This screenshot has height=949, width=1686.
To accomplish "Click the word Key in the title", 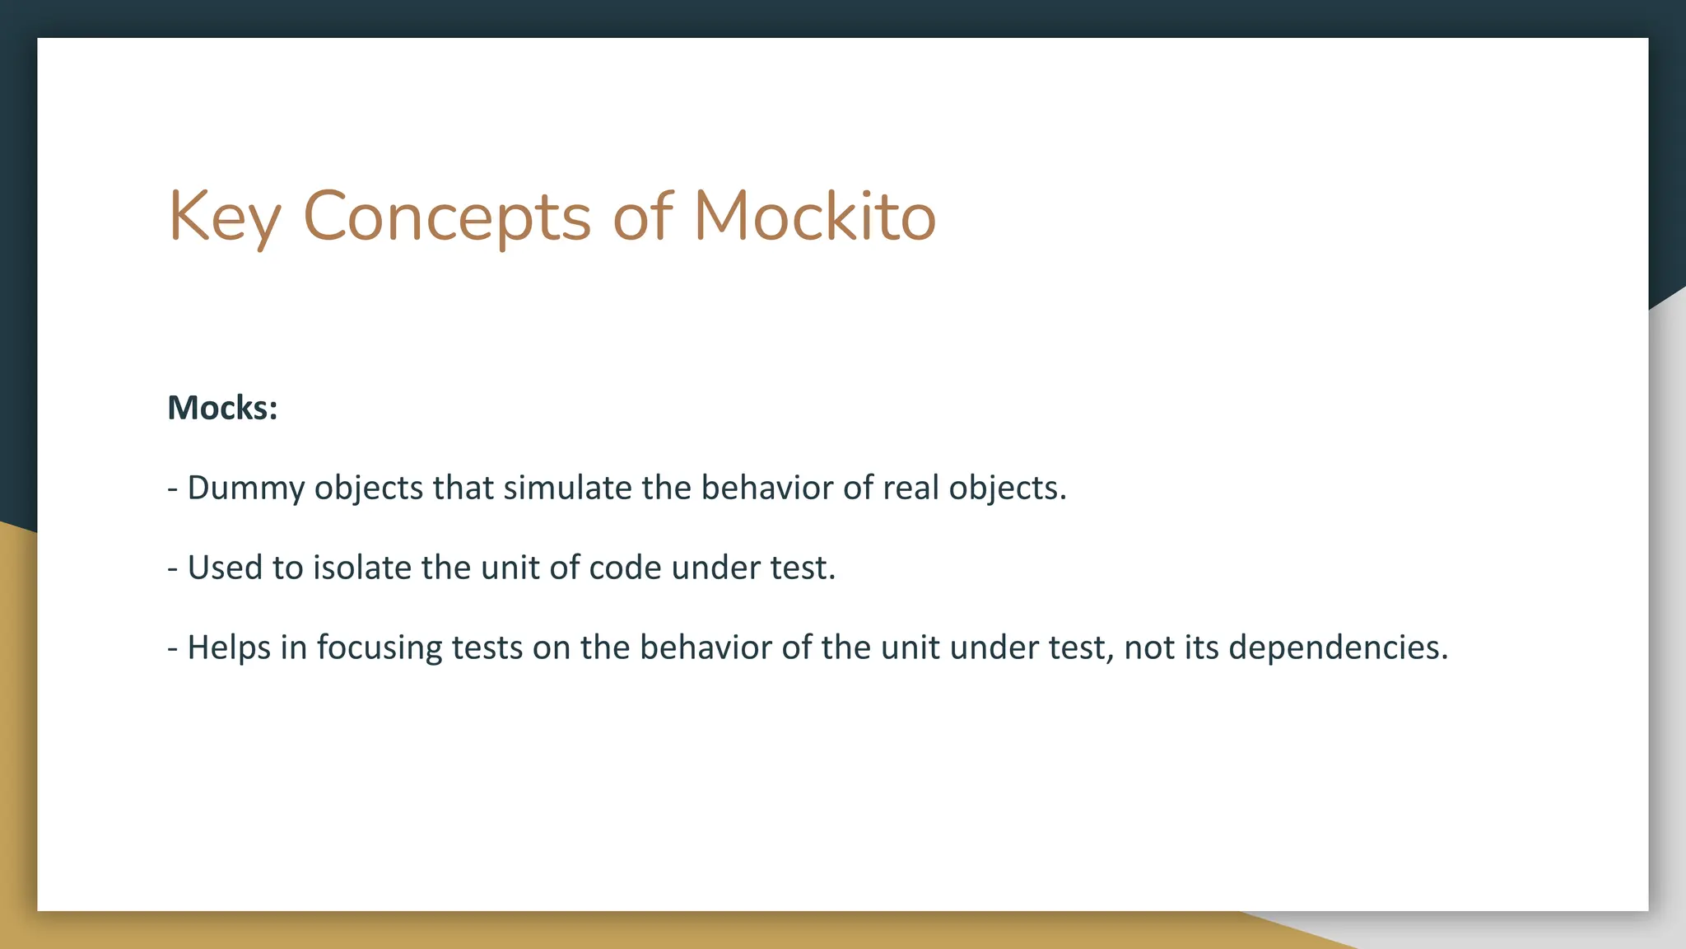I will click(224, 217).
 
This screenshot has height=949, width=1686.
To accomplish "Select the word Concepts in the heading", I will click(447, 217).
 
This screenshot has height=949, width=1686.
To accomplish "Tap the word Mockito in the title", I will click(815, 216).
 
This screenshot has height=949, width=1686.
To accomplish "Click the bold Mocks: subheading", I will click(222, 408).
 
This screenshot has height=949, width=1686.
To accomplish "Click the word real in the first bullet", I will click(911, 488).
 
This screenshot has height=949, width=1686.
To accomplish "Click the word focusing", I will click(380, 647).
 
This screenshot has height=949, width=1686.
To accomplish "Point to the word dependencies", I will click(1338, 647).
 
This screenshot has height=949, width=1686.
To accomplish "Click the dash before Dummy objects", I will click(173, 489).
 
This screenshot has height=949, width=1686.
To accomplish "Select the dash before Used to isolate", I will click(173, 568).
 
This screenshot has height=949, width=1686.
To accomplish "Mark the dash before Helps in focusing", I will click(173, 648).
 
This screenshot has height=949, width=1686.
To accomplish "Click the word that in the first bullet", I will click(463, 488).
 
